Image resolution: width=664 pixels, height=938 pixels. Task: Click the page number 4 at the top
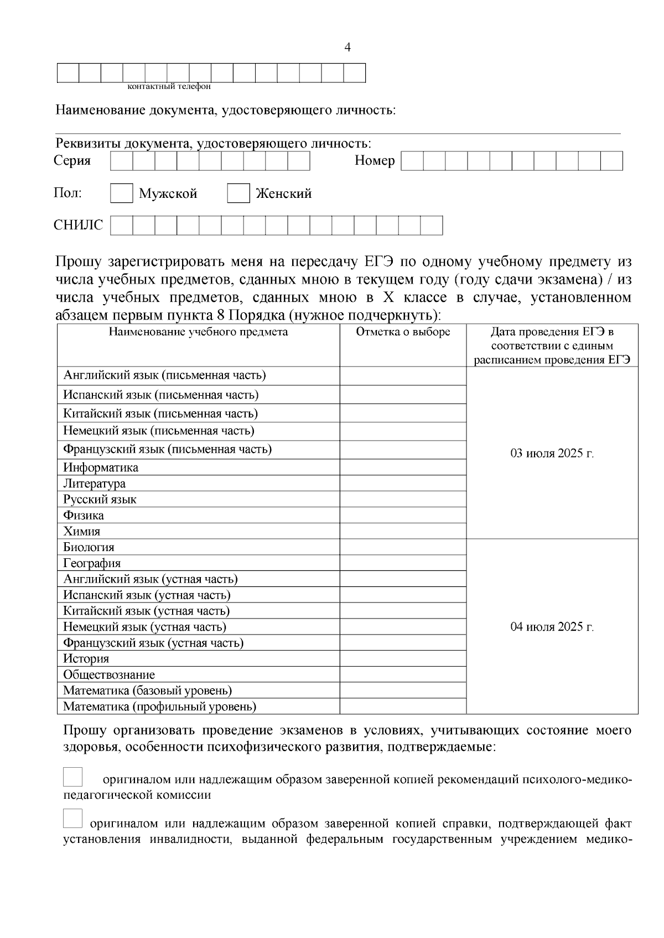pos(347,48)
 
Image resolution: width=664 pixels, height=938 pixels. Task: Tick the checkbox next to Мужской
pos(121,193)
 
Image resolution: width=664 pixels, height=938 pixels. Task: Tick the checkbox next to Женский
pos(238,193)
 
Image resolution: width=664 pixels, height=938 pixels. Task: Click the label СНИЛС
pos(78,226)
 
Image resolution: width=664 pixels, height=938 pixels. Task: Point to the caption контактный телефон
pos(169,87)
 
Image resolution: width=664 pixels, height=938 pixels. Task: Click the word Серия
pos(72,161)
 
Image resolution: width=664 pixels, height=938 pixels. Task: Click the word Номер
pos(375,161)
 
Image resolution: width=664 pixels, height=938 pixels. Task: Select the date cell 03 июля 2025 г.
pos(552,453)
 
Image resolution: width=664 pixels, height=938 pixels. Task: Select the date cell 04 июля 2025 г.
pos(552,627)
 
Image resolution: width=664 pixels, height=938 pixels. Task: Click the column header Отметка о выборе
pos(403,332)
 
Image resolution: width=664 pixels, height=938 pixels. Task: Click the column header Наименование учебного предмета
pos(198,332)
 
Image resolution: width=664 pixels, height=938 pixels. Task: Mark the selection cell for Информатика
pos(403,468)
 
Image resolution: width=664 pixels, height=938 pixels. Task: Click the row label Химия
pos(82,532)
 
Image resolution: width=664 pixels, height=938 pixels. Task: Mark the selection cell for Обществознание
pos(403,675)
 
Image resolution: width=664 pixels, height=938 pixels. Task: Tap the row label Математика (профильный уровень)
pos(159,707)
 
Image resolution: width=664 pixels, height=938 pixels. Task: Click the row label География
pos(92,564)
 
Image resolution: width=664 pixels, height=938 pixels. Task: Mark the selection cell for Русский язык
pos(403,500)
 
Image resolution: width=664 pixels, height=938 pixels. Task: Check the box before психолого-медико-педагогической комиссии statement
pos(72,777)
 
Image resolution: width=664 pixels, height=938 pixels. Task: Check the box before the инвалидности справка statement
pos(72,819)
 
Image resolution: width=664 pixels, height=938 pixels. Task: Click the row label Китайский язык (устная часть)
pos(146,611)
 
